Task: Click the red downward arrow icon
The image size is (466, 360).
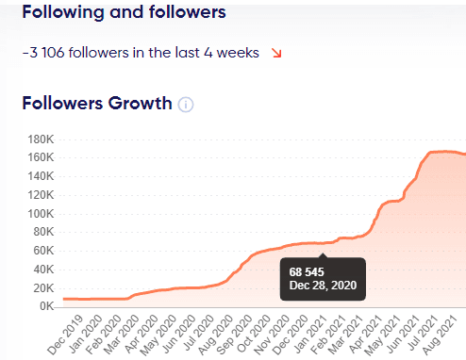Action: click(276, 53)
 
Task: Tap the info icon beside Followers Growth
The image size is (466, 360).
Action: click(186, 104)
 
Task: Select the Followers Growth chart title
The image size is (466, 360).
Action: click(97, 103)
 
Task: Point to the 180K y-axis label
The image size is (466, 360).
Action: click(39, 139)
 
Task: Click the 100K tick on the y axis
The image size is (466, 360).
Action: click(39, 213)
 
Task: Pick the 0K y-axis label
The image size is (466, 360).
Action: click(44, 306)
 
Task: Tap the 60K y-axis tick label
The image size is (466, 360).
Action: click(42, 251)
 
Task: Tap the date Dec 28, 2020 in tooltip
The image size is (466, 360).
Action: click(324, 286)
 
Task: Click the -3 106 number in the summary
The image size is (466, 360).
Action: click(41, 53)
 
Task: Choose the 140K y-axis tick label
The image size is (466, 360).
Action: click(39, 176)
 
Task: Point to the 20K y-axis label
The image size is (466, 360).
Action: click(42, 287)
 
